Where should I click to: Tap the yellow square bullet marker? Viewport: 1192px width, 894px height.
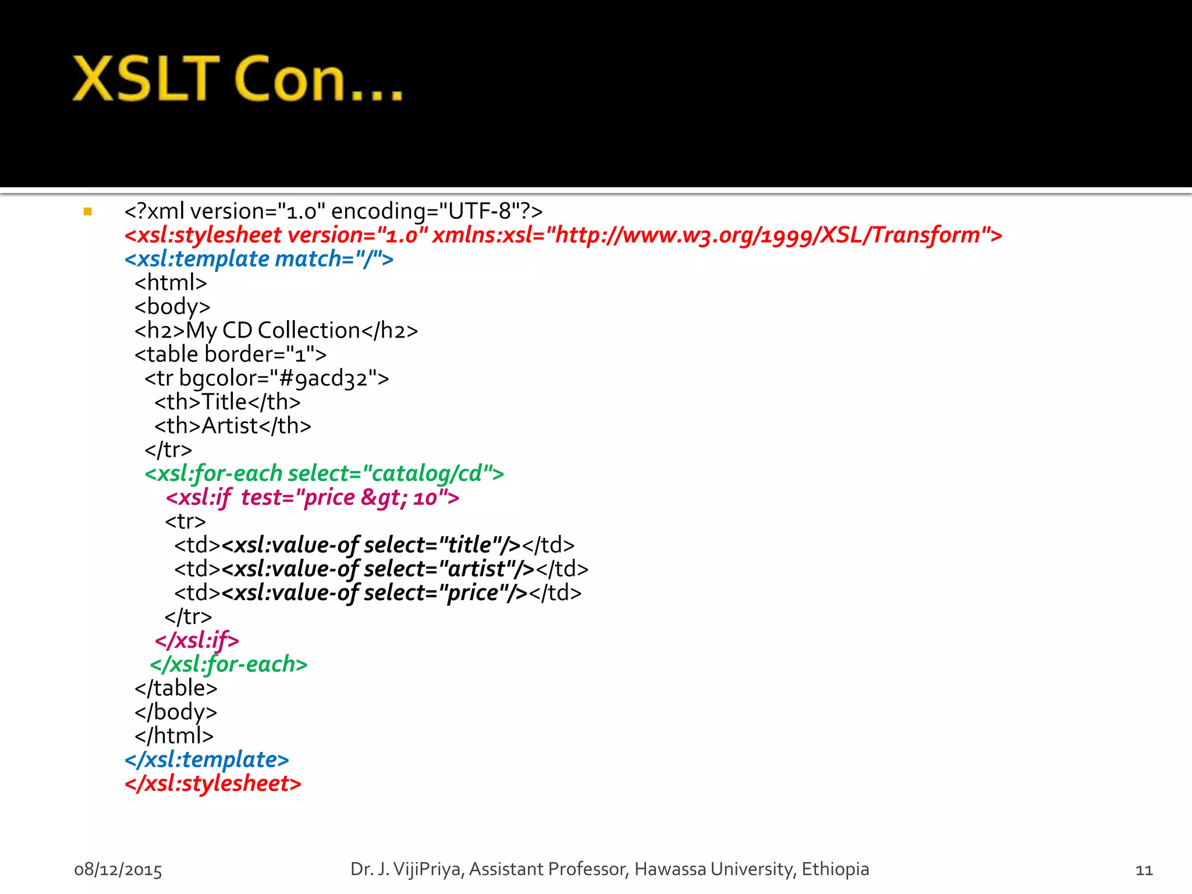pyautogui.click(x=88, y=212)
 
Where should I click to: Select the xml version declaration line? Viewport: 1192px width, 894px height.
pyautogui.click(x=333, y=211)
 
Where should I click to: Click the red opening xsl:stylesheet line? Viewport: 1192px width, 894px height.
pyautogui.click(x=563, y=235)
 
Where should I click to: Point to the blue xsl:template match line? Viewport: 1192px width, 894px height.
pyautogui.click(x=259, y=259)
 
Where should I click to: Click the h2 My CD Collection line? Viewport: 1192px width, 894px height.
pyautogui.click(x=276, y=331)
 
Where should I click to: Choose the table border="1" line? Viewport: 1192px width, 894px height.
pyautogui.click(x=230, y=354)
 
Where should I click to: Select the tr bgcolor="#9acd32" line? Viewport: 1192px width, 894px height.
pyautogui.click(x=267, y=378)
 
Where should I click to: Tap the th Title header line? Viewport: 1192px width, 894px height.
pyautogui.click(x=228, y=402)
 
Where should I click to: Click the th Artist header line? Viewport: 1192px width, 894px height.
pyautogui.click(x=233, y=426)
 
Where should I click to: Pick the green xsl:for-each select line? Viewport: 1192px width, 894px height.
pyautogui.click(x=324, y=474)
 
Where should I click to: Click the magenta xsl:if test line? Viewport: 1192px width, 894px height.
pyautogui.click(x=313, y=498)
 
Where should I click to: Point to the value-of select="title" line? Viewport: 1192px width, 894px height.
pyautogui.click(x=374, y=545)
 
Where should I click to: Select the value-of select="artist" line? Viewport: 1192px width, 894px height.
pyautogui.click(x=381, y=569)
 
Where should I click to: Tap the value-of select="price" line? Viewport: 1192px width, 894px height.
pyautogui.click(x=378, y=593)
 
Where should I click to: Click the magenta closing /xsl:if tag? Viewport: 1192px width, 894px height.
pyautogui.click(x=197, y=641)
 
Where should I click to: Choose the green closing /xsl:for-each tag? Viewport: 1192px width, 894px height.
pyautogui.click(x=228, y=665)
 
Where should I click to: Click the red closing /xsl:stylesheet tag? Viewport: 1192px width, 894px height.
pyautogui.click(x=213, y=784)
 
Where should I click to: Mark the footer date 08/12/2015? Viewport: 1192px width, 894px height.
pyautogui.click(x=118, y=870)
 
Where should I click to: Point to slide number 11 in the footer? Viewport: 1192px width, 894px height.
pyautogui.click(x=1144, y=870)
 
